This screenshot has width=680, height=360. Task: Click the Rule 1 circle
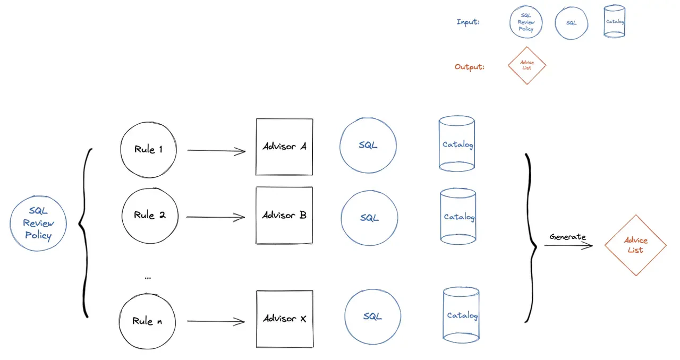pos(148,150)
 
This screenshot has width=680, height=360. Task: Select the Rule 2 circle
pos(149,216)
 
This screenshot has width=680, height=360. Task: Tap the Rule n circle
pos(147,321)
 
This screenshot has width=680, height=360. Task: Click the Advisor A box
pos(284,147)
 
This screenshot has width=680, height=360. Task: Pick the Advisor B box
pos(284,216)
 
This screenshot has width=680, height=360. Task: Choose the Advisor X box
pos(284,319)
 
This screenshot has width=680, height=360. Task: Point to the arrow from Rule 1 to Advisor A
pos(216,151)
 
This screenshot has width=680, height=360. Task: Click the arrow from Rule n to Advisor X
pos(216,321)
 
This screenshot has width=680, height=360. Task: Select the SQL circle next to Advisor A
pos(368,145)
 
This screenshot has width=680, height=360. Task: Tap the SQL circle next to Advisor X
pos(372,316)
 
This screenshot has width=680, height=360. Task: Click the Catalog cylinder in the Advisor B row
pos(458,217)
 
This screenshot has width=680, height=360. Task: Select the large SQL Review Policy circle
pos(39,224)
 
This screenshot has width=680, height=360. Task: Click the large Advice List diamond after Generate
pos(635,245)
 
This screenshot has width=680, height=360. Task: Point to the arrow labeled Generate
pos(568,245)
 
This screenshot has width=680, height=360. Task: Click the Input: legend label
pos(468,22)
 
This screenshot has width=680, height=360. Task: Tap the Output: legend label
pos(469,67)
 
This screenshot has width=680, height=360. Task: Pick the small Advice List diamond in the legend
pos(526,65)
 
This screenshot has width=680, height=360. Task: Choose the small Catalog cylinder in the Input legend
pos(615,22)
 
